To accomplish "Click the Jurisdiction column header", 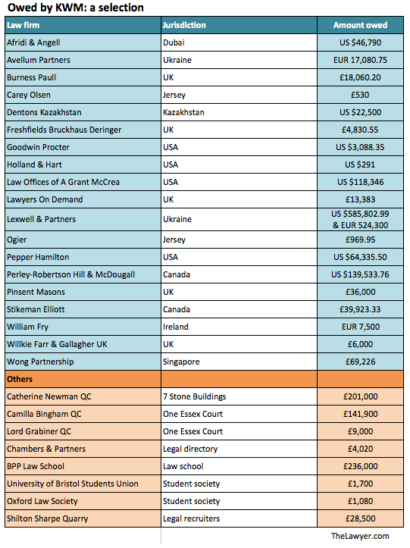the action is pos(184,25).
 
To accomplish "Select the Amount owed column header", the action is pos(360,25).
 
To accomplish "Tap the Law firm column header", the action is pos(23,25).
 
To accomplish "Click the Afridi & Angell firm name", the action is pos(33,42).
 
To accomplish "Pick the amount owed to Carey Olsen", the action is pos(360,95).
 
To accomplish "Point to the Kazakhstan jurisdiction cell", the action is pos(183,112).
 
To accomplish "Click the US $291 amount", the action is pos(360,164).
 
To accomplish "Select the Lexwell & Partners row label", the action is pos(41,219).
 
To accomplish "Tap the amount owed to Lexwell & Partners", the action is pos(360,220).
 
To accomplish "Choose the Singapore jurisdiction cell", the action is pos(181,362).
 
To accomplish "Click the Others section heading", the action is pos(20,379).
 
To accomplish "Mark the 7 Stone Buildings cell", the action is pos(194,396).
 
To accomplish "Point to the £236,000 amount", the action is pos(360,466).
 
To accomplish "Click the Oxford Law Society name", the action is pos(42,501).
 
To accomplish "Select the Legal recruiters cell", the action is pos(191,518).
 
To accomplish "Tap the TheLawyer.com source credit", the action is pos(360,536).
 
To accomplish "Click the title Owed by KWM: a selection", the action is pos(76,8).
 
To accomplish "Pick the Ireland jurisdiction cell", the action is pos(176,327).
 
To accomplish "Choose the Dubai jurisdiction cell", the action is pos(174,42).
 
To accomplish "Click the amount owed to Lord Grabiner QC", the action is pos(360,431).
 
